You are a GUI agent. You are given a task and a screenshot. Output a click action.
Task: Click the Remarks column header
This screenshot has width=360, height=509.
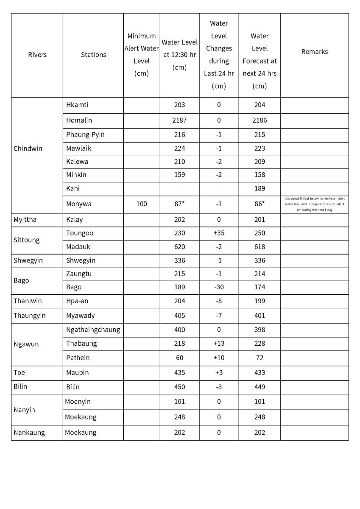click(x=314, y=52)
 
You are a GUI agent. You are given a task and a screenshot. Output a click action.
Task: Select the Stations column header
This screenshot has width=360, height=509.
click(x=93, y=55)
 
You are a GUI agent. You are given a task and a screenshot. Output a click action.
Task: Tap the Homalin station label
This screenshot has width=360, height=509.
click(x=79, y=120)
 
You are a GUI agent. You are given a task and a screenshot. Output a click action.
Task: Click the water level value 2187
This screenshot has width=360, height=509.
click(x=179, y=120)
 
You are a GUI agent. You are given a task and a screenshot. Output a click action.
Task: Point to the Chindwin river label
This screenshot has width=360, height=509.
click(x=28, y=149)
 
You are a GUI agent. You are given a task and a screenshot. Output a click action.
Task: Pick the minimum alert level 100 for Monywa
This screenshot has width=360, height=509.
click(x=142, y=204)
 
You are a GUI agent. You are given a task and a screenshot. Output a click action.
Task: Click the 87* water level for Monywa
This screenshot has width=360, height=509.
click(x=179, y=204)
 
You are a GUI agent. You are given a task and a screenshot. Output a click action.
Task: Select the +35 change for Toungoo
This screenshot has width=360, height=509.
click(x=219, y=233)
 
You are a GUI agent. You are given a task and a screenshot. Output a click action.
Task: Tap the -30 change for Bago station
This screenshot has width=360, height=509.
click(x=219, y=287)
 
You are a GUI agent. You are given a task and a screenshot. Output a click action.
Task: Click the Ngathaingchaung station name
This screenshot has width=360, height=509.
click(x=93, y=330)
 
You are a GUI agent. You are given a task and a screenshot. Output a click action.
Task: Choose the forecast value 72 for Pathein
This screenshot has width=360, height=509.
click(x=260, y=358)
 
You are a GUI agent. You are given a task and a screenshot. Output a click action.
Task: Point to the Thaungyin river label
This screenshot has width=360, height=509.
click(x=29, y=316)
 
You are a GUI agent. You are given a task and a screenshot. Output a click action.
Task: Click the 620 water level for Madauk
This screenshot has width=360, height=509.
click(x=179, y=247)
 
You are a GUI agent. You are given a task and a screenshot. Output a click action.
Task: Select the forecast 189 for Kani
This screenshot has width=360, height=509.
click(x=260, y=188)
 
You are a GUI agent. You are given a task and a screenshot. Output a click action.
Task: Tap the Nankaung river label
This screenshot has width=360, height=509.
click(x=29, y=433)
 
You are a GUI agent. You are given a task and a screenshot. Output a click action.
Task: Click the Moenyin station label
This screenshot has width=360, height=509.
click(x=78, y=402)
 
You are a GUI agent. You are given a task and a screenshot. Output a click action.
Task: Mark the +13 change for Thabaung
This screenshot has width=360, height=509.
click(x=219, y=344)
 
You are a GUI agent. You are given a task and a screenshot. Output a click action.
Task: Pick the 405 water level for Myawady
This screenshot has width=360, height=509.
click(x=179, y=316)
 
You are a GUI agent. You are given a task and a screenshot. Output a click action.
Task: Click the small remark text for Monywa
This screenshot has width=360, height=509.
click(x=314, y=204)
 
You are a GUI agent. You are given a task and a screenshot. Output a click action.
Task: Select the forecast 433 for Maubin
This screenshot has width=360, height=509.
click(x=260, y=373)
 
